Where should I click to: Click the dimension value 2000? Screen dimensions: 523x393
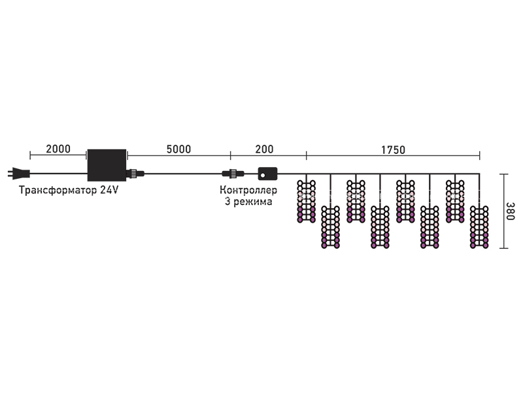(x=58, y=149)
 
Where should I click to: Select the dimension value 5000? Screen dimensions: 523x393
(x=178, y=149)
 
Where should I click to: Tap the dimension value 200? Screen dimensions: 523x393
(x=264, y=149)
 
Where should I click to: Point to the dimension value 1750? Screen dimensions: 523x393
(x=394, y=150)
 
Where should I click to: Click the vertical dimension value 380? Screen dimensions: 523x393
(x=511, y=211)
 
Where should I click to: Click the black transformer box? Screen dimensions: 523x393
(x=107, y=165)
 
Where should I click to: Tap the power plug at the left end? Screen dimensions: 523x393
(x=19, y=174)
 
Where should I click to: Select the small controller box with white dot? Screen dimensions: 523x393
(x=267, y=174)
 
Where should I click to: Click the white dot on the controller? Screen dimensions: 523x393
(x=263, y=175)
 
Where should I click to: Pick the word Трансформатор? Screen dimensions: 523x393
(x=58, y=190)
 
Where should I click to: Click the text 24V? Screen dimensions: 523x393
(x=109, y=190)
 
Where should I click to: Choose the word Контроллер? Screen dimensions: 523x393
(x=248, y=190)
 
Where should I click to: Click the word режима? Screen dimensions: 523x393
(x=252, y=202)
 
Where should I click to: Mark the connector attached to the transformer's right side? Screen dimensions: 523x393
(x=135, y=174)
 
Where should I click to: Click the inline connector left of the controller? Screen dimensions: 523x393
(x=233, y=174)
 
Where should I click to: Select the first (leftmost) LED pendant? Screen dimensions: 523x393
(x=306, y=201)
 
